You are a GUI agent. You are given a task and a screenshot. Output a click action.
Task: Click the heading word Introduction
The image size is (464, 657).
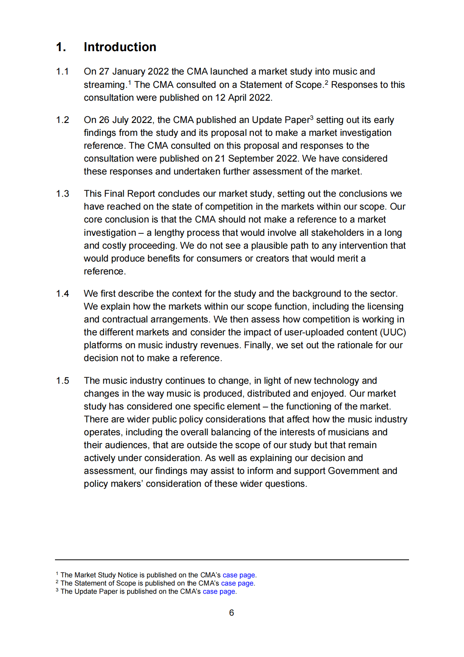(x=120, y=47)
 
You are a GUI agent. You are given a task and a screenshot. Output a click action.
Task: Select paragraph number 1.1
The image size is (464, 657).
(x=62, y=71)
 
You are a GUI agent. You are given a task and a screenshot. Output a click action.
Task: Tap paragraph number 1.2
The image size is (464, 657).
(x=62, y=120)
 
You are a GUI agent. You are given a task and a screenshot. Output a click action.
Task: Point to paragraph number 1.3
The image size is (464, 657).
(x=62, y=194)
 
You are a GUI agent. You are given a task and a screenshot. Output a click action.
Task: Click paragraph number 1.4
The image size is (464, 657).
(x=62, y=294)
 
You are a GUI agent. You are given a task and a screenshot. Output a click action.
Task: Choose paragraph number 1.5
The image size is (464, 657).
(x=62, y=381)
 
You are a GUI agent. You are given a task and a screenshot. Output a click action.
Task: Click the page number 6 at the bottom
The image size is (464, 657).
(x=232, y=613)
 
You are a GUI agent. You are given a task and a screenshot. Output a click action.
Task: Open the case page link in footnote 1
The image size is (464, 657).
(x=239, y=575)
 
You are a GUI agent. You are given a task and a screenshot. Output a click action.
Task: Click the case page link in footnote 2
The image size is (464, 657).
(x=237, y=583)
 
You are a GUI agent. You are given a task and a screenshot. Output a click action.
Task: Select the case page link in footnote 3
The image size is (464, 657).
(x=219, y=591)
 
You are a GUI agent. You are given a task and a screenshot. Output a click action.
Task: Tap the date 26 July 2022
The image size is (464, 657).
(x=126, y=120)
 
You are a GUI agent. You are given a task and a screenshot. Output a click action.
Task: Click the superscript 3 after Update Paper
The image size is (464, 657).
(x=312, y=118)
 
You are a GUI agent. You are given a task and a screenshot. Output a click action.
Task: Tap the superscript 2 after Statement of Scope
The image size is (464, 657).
(x=326, y=82)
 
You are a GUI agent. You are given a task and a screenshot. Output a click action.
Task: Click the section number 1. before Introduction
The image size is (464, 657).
(x=61, y=47)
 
